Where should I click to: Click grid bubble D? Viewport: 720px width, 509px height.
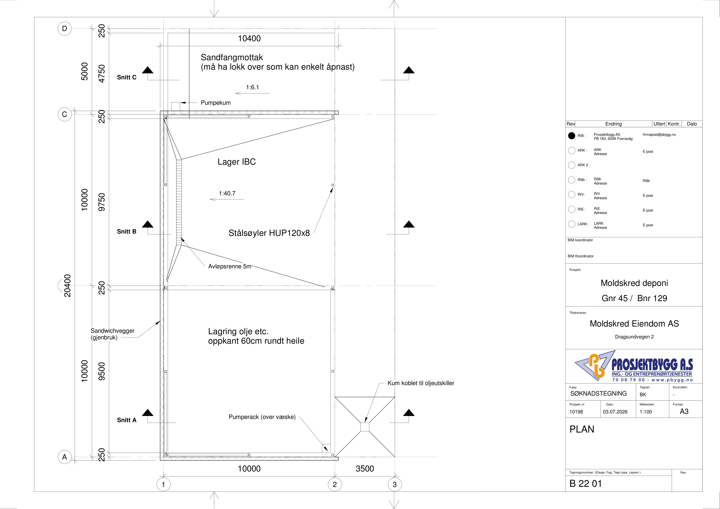point(65,29)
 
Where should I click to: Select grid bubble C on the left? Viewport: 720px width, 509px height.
point(65,114)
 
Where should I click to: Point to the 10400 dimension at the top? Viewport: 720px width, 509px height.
point(249,39)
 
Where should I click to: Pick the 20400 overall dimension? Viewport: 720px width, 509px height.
point(67,285)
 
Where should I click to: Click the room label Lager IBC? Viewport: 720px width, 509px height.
point(237,162)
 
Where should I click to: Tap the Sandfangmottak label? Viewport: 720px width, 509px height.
point(232,57)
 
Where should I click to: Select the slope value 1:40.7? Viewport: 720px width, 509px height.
point(227,194)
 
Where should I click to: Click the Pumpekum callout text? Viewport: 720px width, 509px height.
point(216,103)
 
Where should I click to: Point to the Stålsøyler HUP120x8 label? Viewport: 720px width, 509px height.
point(269,233)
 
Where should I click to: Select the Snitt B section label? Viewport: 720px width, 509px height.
point(127,232)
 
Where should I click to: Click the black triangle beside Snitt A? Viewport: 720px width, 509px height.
point(148,413)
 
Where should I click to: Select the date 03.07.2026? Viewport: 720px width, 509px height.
point(615,412)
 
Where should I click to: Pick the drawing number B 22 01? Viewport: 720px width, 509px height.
point(586,484)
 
